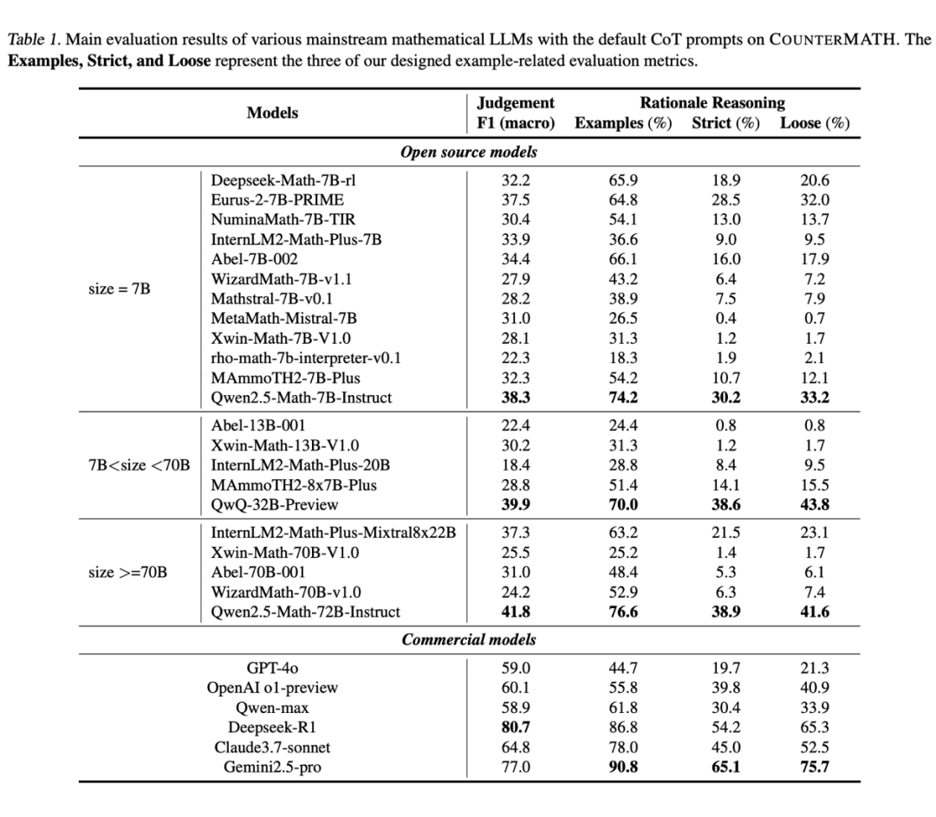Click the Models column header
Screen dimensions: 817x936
tap(272, 113)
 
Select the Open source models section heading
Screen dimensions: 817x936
tap(469, 152)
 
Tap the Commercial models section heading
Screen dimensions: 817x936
tap(469, 640)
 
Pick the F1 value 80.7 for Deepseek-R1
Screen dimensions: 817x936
tap(516, 727)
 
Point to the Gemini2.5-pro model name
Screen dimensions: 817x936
tap(272, 767)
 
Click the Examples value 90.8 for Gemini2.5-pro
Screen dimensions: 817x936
tap(623, 767)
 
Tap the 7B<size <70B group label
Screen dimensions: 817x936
tap(139, 464)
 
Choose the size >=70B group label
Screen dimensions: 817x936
tap(127, 572)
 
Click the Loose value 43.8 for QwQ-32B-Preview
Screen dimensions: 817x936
tap(814, 504)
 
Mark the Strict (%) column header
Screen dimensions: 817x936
tap(725, 123)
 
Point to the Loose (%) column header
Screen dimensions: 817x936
tap(815, 123)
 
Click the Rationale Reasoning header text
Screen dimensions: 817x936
tap(712, 103)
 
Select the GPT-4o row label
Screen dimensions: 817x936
tap(272, 668)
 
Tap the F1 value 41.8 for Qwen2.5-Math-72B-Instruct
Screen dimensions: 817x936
tap(516, 612)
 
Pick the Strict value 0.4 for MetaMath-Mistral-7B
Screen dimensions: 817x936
tap(725, 319)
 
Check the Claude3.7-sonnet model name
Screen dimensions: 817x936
tap(272, 747)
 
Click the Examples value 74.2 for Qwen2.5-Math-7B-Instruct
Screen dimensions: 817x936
tap(623, 398)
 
